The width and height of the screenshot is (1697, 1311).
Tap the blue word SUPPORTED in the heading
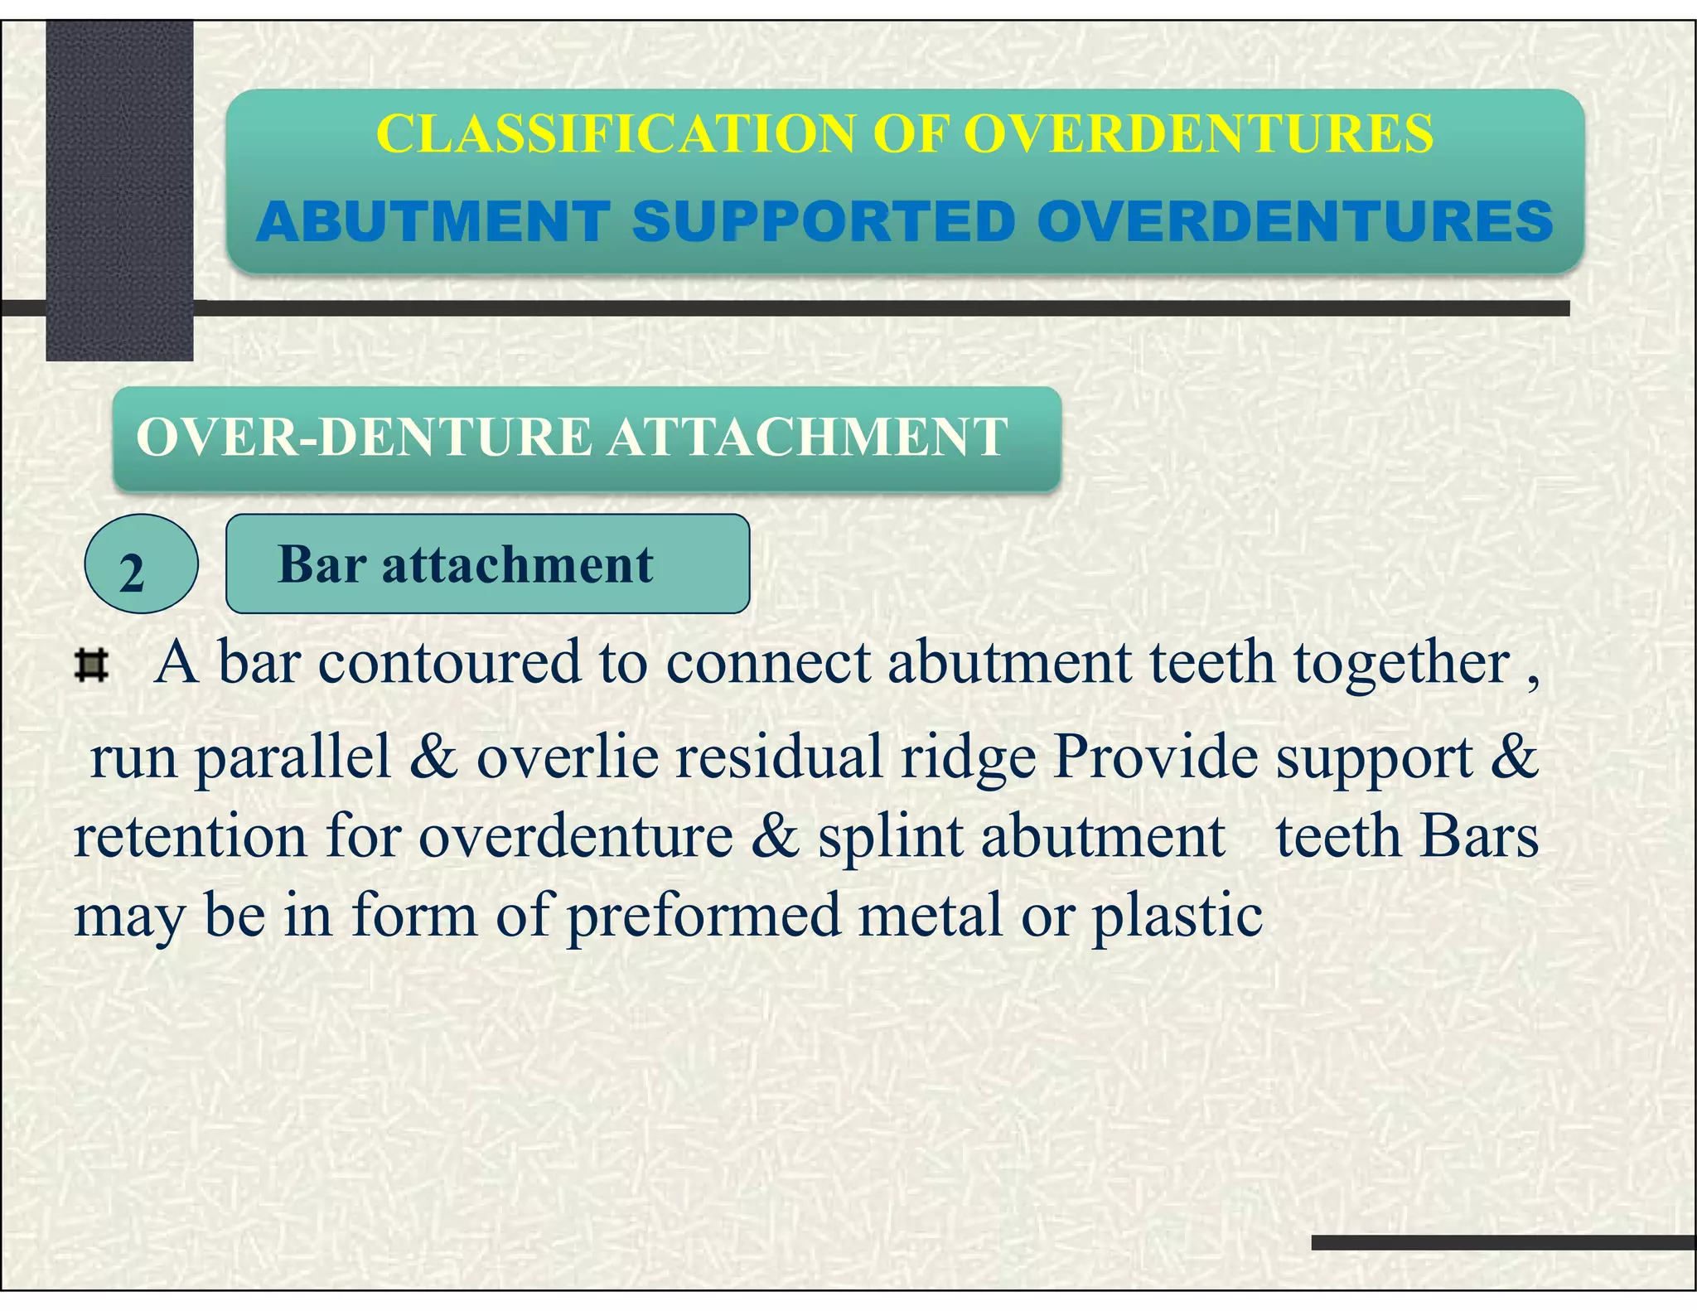(x=824, y=222)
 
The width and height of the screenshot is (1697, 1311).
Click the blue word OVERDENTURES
(x=1294, y=222)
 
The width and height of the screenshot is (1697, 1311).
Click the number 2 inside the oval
(x=133, y=573)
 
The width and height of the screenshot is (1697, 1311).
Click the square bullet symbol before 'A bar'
(x=91, y=665)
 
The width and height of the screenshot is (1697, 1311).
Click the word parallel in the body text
(x=293, y=757)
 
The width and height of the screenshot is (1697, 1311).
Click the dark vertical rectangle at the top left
(x=119, y=191)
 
